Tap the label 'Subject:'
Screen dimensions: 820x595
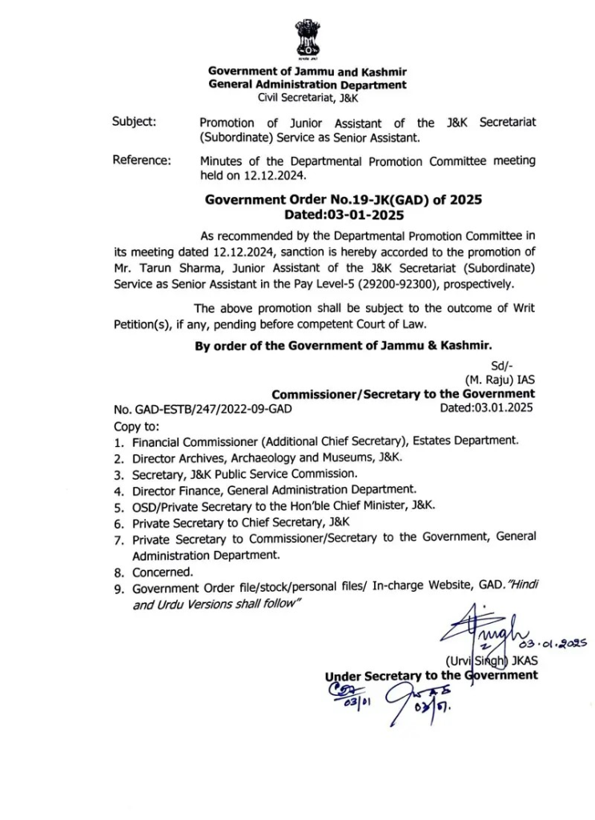point(135,123)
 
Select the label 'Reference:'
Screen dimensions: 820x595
point(142,160)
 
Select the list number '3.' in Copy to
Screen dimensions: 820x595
point(118,474)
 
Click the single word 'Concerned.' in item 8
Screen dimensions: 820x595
point(163,572)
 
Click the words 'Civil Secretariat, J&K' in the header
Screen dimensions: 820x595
point(308,98)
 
